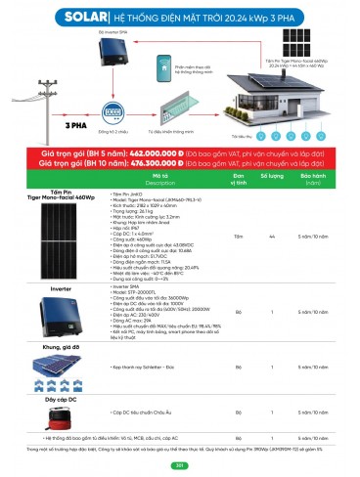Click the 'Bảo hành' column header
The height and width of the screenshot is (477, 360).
click(x=312, y=179)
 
